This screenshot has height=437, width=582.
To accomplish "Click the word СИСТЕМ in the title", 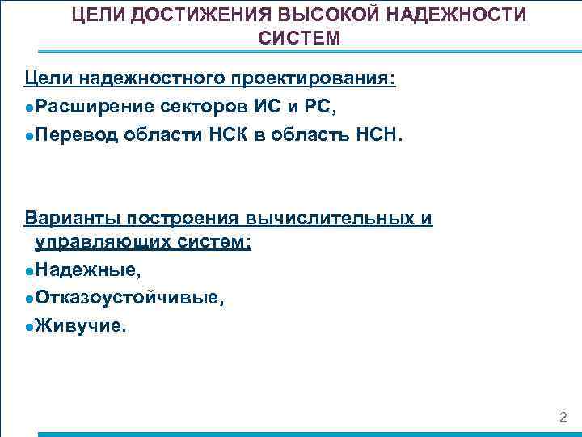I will (299, 38).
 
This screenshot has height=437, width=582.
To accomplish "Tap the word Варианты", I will (70, 218).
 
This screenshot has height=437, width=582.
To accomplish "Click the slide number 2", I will (563, 418).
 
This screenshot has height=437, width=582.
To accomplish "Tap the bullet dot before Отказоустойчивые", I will (29, 299).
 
